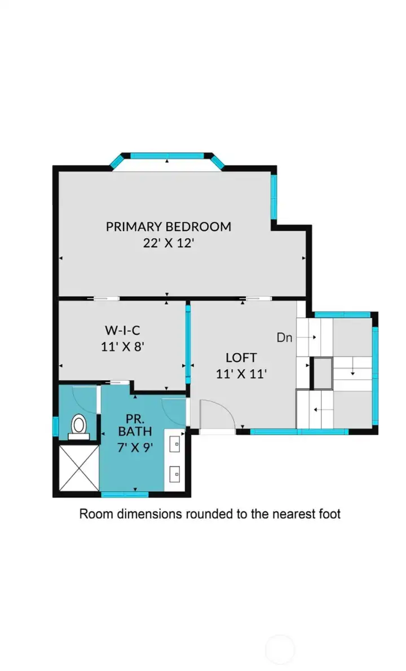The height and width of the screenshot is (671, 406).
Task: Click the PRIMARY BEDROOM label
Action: (169, 226)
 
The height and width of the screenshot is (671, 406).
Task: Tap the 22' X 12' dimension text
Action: (169, 243)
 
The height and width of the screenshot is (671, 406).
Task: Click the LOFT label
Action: (241, 357)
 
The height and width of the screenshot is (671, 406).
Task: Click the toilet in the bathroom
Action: (78, 426)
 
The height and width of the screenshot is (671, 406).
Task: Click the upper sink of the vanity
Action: (176, 443)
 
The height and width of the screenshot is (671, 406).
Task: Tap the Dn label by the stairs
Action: (284, 338)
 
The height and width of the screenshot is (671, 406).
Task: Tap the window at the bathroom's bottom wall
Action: (125, 495)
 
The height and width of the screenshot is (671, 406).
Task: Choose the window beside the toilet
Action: (55, 426)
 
